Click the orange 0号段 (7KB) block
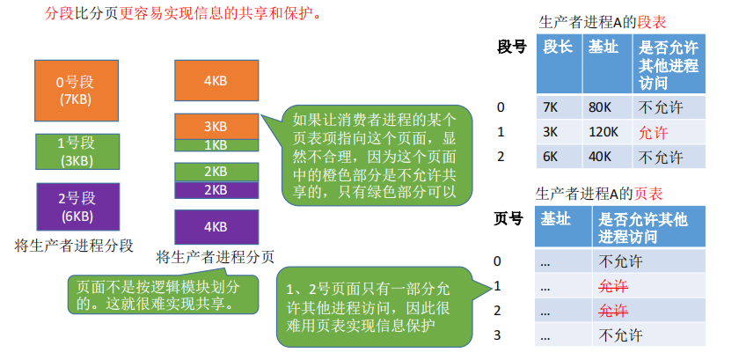75,91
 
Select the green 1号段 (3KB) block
75,151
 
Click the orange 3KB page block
216,126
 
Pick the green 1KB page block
216,144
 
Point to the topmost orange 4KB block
216,80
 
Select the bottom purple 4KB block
216,226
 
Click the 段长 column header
558,48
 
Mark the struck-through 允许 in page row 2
614,311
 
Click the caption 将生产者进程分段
75,246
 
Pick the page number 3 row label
498,335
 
